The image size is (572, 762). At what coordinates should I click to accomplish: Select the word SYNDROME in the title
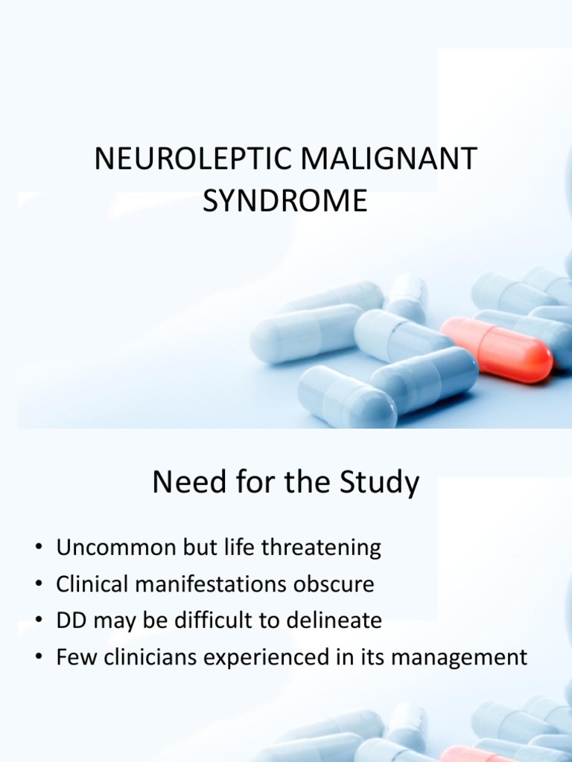(x=286, y=201)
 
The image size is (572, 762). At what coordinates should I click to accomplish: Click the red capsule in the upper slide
(x=495, y=349)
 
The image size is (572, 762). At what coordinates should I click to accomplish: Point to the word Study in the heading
(x=378, y=483)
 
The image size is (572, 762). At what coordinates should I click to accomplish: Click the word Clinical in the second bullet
(x=87, y=584)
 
